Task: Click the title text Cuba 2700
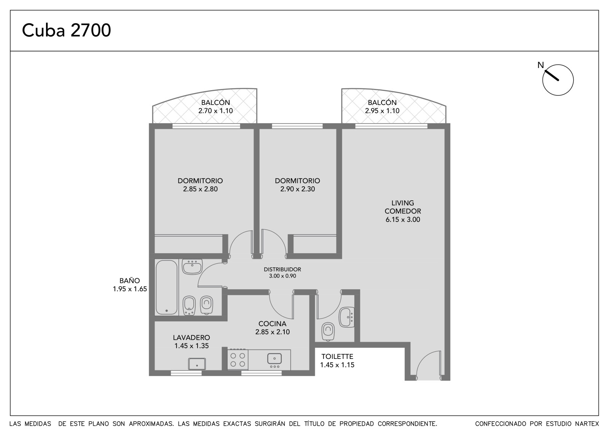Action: [x=66, y=30]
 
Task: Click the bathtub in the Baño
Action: [x=167, y=287]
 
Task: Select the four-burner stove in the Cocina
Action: [x=238, y=359]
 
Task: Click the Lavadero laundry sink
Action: [x=197, y=364]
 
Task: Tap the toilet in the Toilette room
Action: [x=328, y=332]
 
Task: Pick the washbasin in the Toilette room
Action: [x=347, y=317]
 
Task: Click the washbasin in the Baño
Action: [x=192, y=267]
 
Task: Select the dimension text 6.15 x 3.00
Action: [x=403, y=219]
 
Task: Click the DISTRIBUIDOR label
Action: [x=282, y=270]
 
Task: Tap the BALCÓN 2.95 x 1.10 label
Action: [x=382, y=106]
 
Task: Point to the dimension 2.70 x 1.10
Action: [x=215, y=111]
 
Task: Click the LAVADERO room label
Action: [x=191, y=337]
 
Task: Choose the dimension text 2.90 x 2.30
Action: [x=297, y=189]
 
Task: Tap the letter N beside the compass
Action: [x=541, y=65]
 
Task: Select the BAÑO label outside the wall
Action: [x=130, y=281]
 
